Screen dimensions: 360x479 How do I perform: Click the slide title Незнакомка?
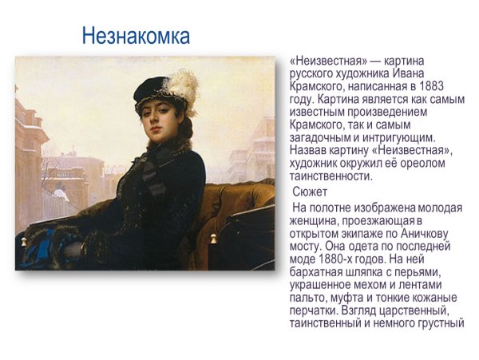click(137, 36)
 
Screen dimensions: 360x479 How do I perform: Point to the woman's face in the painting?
click(156, 121)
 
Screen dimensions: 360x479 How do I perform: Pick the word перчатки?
click(317, 311)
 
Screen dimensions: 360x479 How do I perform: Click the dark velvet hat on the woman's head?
click(152, 89)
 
